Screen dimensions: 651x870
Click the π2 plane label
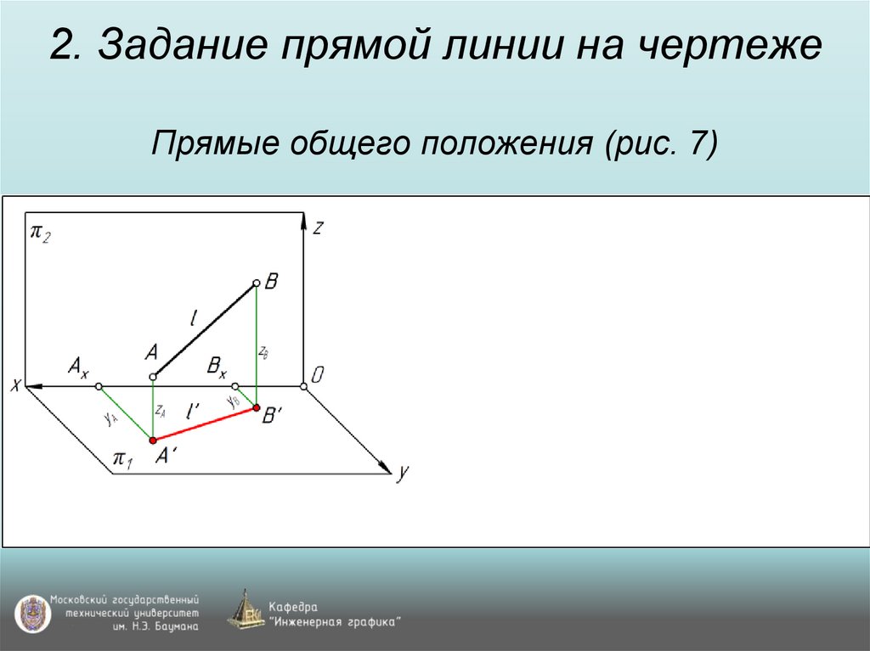(x=41, y=233)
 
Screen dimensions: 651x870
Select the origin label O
(x=316, y=375)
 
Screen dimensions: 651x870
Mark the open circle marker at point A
(x=153, y=376)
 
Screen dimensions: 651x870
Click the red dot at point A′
(x=153, y=440)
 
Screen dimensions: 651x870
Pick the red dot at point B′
(x=257, y=408)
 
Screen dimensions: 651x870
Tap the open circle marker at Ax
(x=99, y=387)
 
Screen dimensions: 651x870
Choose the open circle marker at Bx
(x=235, y=387)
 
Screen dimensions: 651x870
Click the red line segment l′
(x=205, y=424)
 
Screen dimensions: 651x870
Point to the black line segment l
(x=205, y=330)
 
